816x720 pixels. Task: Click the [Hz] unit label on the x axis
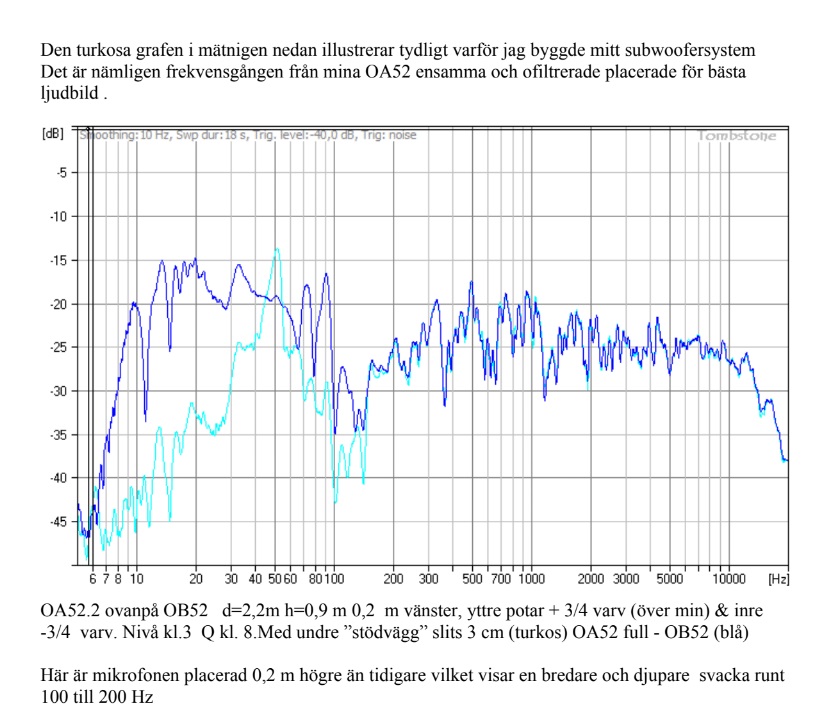pos(777,578)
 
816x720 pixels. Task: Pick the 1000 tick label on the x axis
pos(531,578)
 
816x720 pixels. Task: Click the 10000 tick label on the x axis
pos(730,578)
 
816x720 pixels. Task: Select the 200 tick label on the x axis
pos(393,578)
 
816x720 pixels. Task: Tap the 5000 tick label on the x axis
pos(670,578)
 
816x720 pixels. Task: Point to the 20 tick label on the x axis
pos(196,578)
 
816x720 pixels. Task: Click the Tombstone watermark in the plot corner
pos(736,136)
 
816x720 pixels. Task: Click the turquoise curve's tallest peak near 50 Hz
pos(277,250)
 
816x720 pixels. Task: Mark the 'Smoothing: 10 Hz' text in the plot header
pos(114,135)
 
